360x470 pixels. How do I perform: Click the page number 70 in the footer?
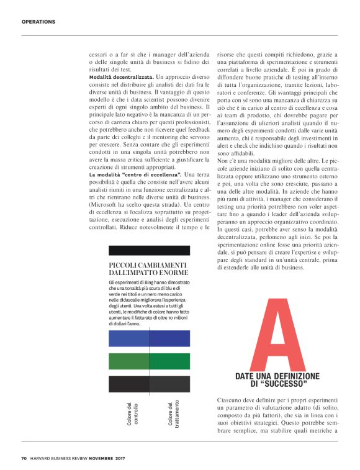tap(24, 459)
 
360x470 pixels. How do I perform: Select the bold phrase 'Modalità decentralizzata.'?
tap(122, 75)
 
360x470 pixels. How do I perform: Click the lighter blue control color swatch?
tap(128, 338)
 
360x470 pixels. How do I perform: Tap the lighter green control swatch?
tap(128, 361)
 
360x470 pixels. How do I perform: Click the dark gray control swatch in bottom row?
tap(128, 383)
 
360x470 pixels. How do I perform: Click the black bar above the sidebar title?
tap(148, 251)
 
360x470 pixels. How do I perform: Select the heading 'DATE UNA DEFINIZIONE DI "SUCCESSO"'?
tap(277, 380)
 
